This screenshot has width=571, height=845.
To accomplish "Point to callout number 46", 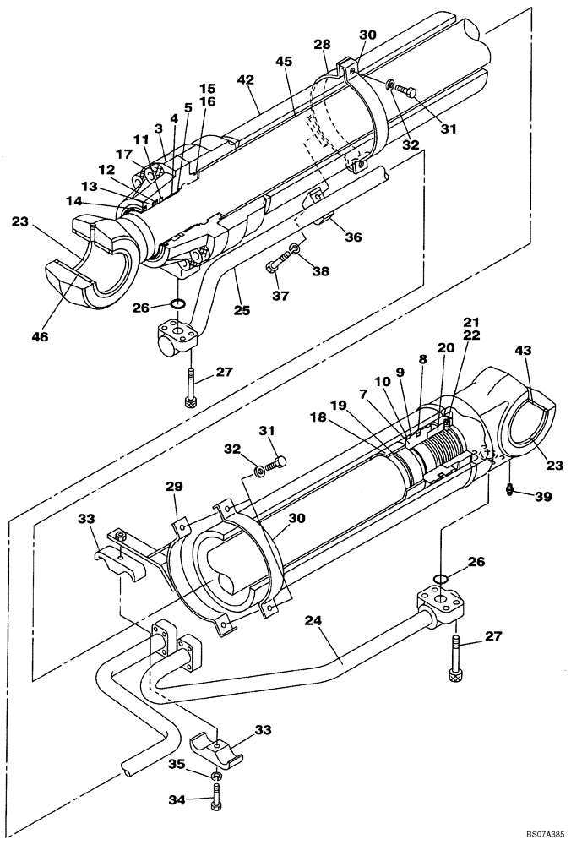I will (x=39, y=336).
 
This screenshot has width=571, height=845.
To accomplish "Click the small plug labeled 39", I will (x=510, y=490).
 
